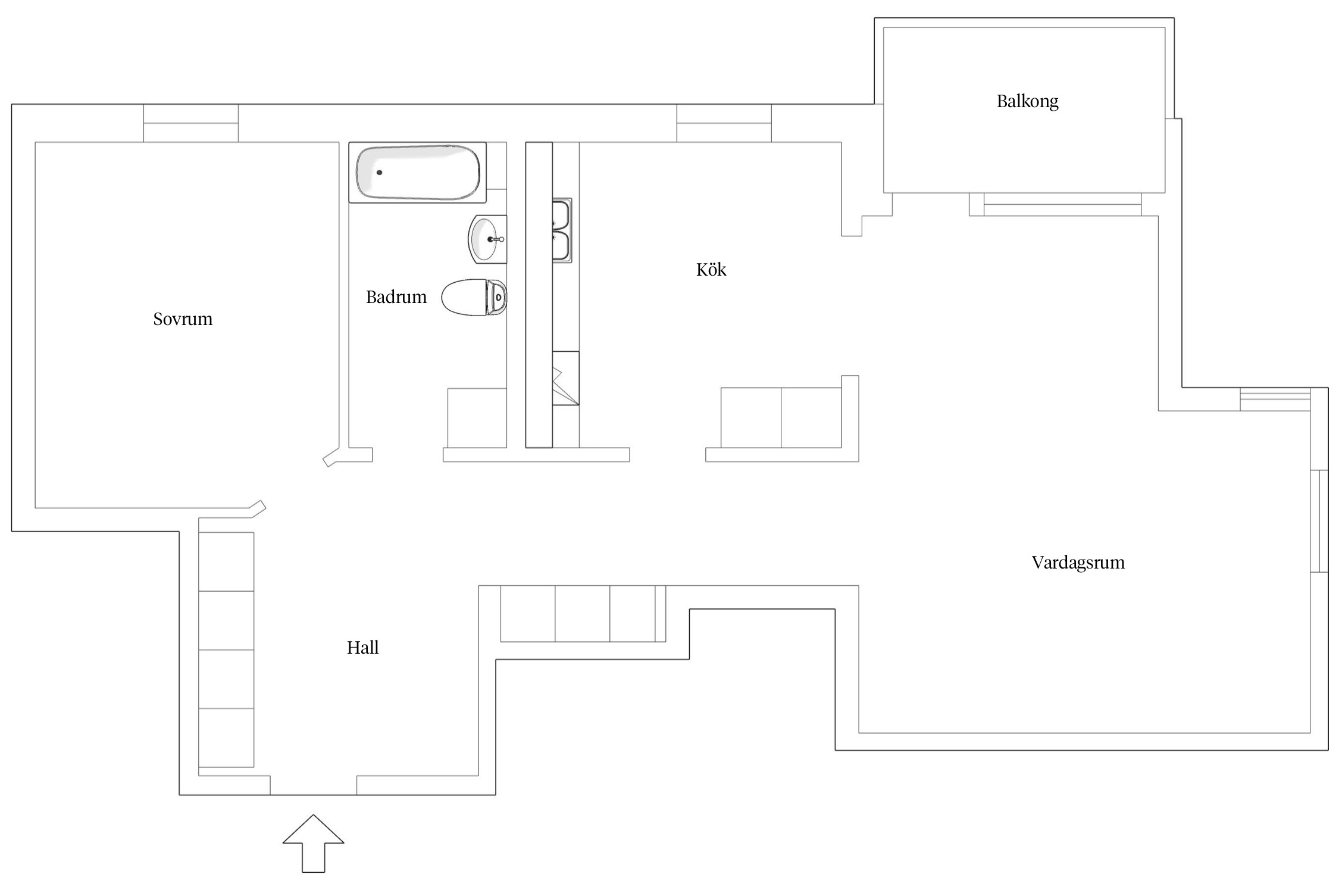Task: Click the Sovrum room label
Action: coord(183,319)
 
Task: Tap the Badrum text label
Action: coord(396,297)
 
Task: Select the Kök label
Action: coord(711,270)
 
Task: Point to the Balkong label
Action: coord(1027,101)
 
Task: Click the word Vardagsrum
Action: coord(1078,563)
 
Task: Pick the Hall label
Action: coord(362,648)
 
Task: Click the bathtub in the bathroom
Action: coord(417,172)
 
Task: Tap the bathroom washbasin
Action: coord(485,239)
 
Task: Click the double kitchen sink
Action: coord(561,230)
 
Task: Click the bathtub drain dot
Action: coord(379,173)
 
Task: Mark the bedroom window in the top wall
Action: coord(191,123)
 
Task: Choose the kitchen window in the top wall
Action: coord(724,123)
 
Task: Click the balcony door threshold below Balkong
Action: coord(1062,204)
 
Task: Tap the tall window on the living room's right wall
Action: coord(1319,521)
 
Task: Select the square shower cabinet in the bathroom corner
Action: coord(477,418)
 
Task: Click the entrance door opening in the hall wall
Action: coord(313,785)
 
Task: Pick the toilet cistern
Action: coord(497,297)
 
